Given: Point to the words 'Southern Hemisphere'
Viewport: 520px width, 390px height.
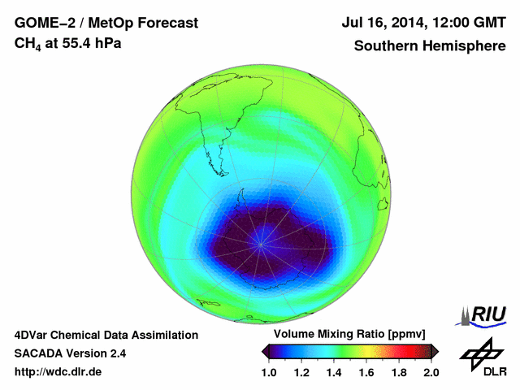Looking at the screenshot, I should tap(429, 46).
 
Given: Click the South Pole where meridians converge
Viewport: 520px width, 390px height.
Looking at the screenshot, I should tap(262, 241).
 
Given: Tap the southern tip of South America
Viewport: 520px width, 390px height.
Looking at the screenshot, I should tap(221, 173).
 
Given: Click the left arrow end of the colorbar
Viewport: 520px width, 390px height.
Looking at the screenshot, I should tap(265, 351).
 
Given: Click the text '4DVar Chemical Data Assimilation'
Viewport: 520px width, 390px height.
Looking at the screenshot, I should tap(106, 335).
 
